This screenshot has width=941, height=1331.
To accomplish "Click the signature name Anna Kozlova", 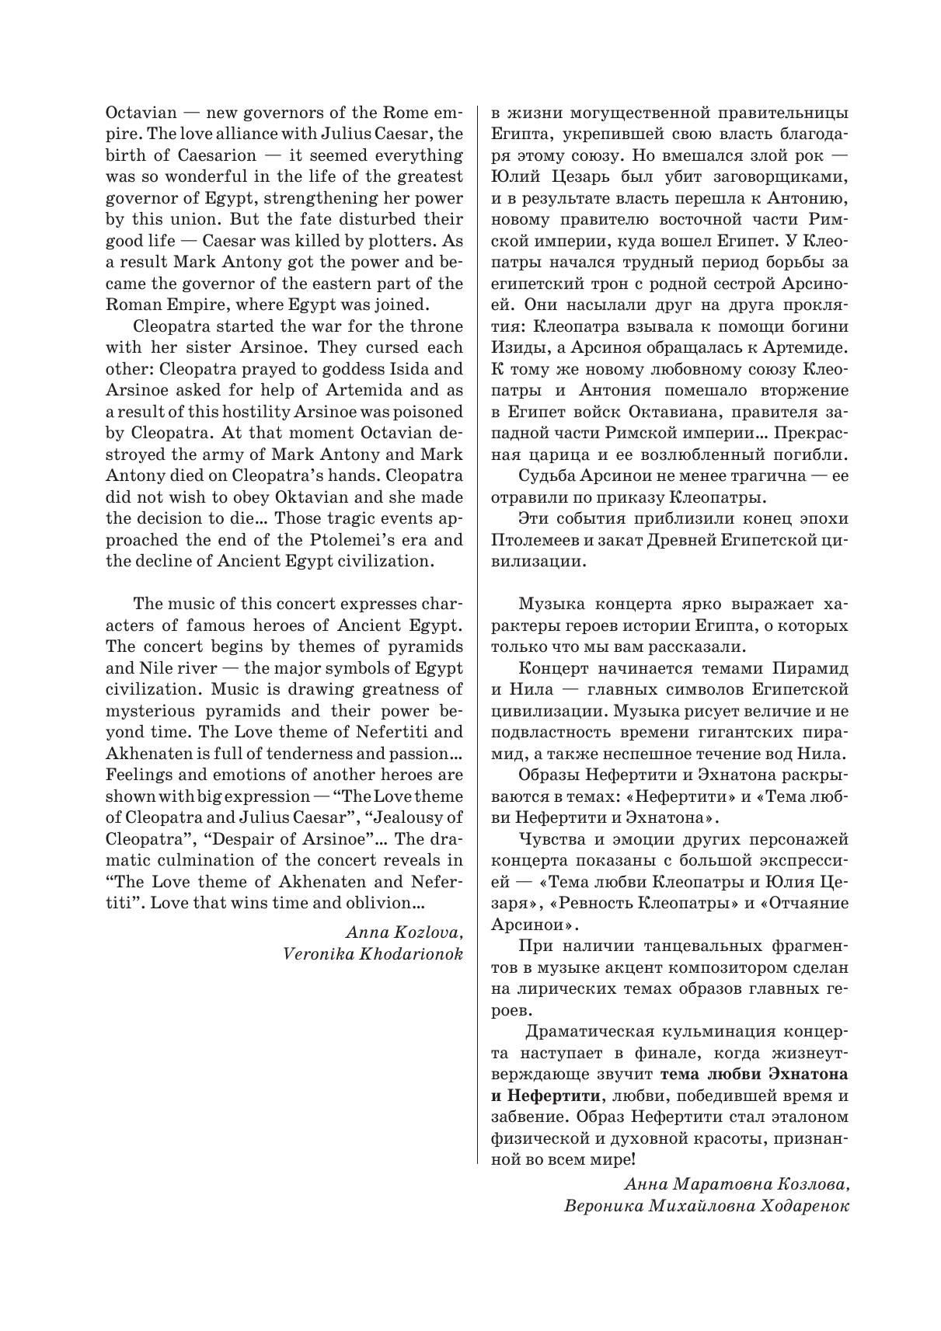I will pos(405,932).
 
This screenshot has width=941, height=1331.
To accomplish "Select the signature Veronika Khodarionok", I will pos(374,954).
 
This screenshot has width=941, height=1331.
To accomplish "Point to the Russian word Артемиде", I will pos(808,348).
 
